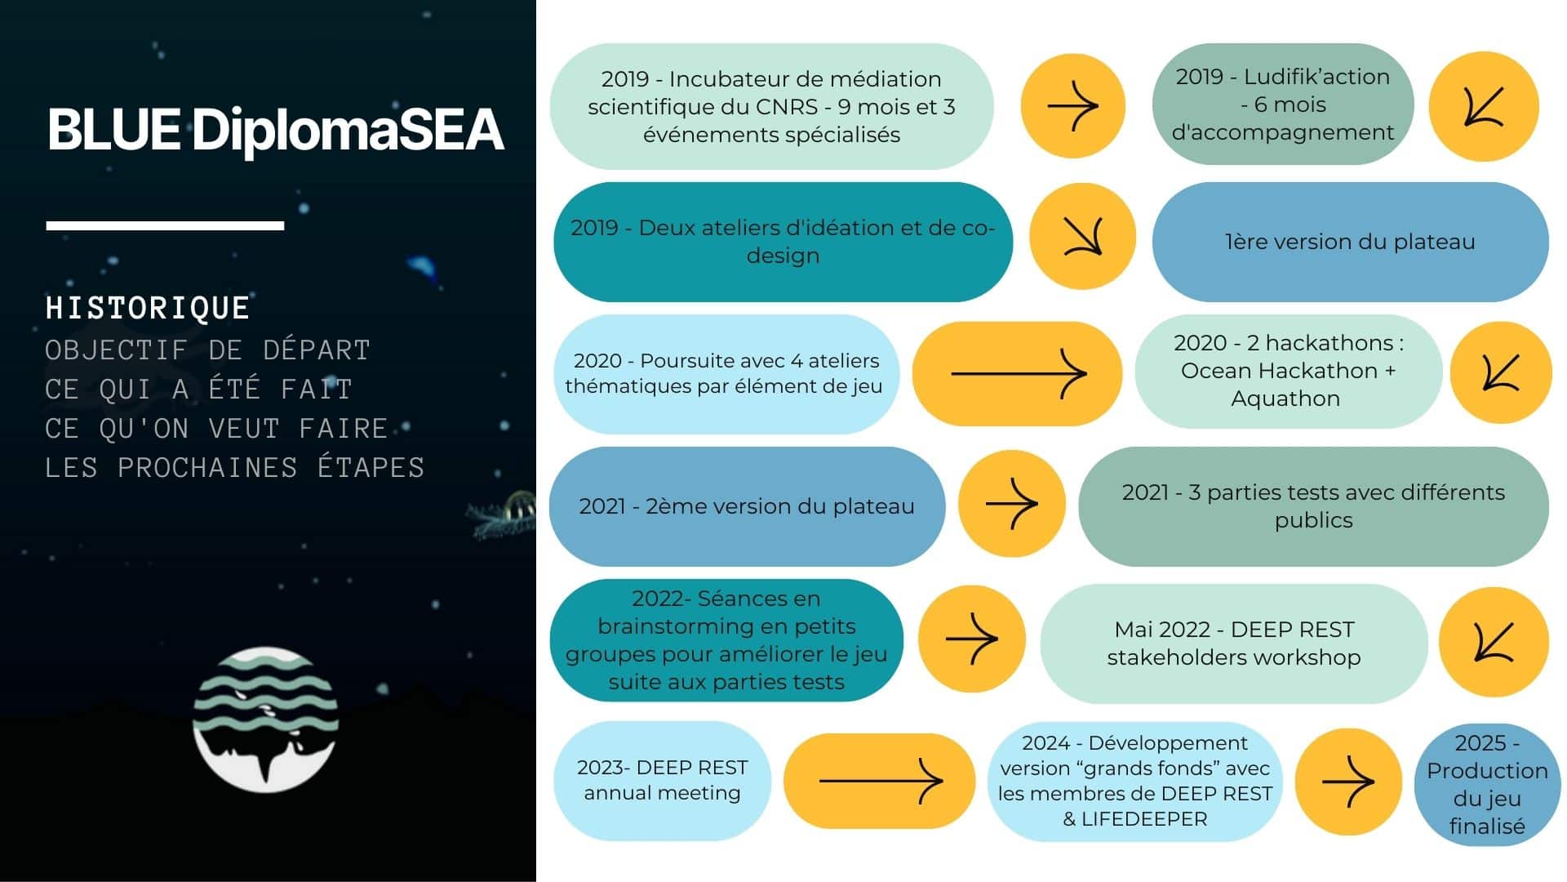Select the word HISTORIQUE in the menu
pos(148,308)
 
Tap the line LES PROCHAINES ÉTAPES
pos(235,468)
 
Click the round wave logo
pos(265,719)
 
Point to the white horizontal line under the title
pos(165,225)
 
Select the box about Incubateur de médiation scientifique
pos(771,106)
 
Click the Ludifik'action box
pos(1283,105)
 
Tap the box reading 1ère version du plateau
pos(1350,242)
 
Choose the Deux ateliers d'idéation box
pos(783,242)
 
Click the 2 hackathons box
pos(1289,371)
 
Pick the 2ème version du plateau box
pos(747,506)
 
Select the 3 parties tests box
pos(1313,506)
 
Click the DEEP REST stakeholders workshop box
pos(1234,644)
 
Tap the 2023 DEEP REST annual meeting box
pos(662,781)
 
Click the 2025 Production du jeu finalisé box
pos(1487,785)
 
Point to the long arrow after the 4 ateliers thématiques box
pos(1019,373)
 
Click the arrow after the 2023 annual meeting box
pos(881,781)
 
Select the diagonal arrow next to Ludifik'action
pos(1484,107)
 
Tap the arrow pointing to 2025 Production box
pos(1348,782)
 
